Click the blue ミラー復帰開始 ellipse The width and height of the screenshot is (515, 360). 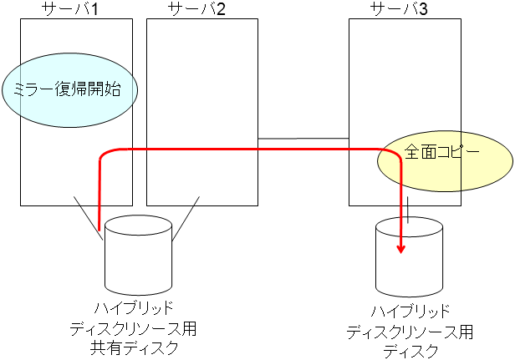click(x=69, y=89)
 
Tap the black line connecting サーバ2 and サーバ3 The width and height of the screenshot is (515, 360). click(x=303, y=138)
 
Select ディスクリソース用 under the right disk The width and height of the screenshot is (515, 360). click(x=410, y=332)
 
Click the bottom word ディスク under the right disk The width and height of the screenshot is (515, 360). click(x=410, y=352)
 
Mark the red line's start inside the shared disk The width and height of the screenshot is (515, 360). click(x=99, y=227)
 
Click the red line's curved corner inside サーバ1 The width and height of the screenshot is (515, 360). click(x=104, y=154)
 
